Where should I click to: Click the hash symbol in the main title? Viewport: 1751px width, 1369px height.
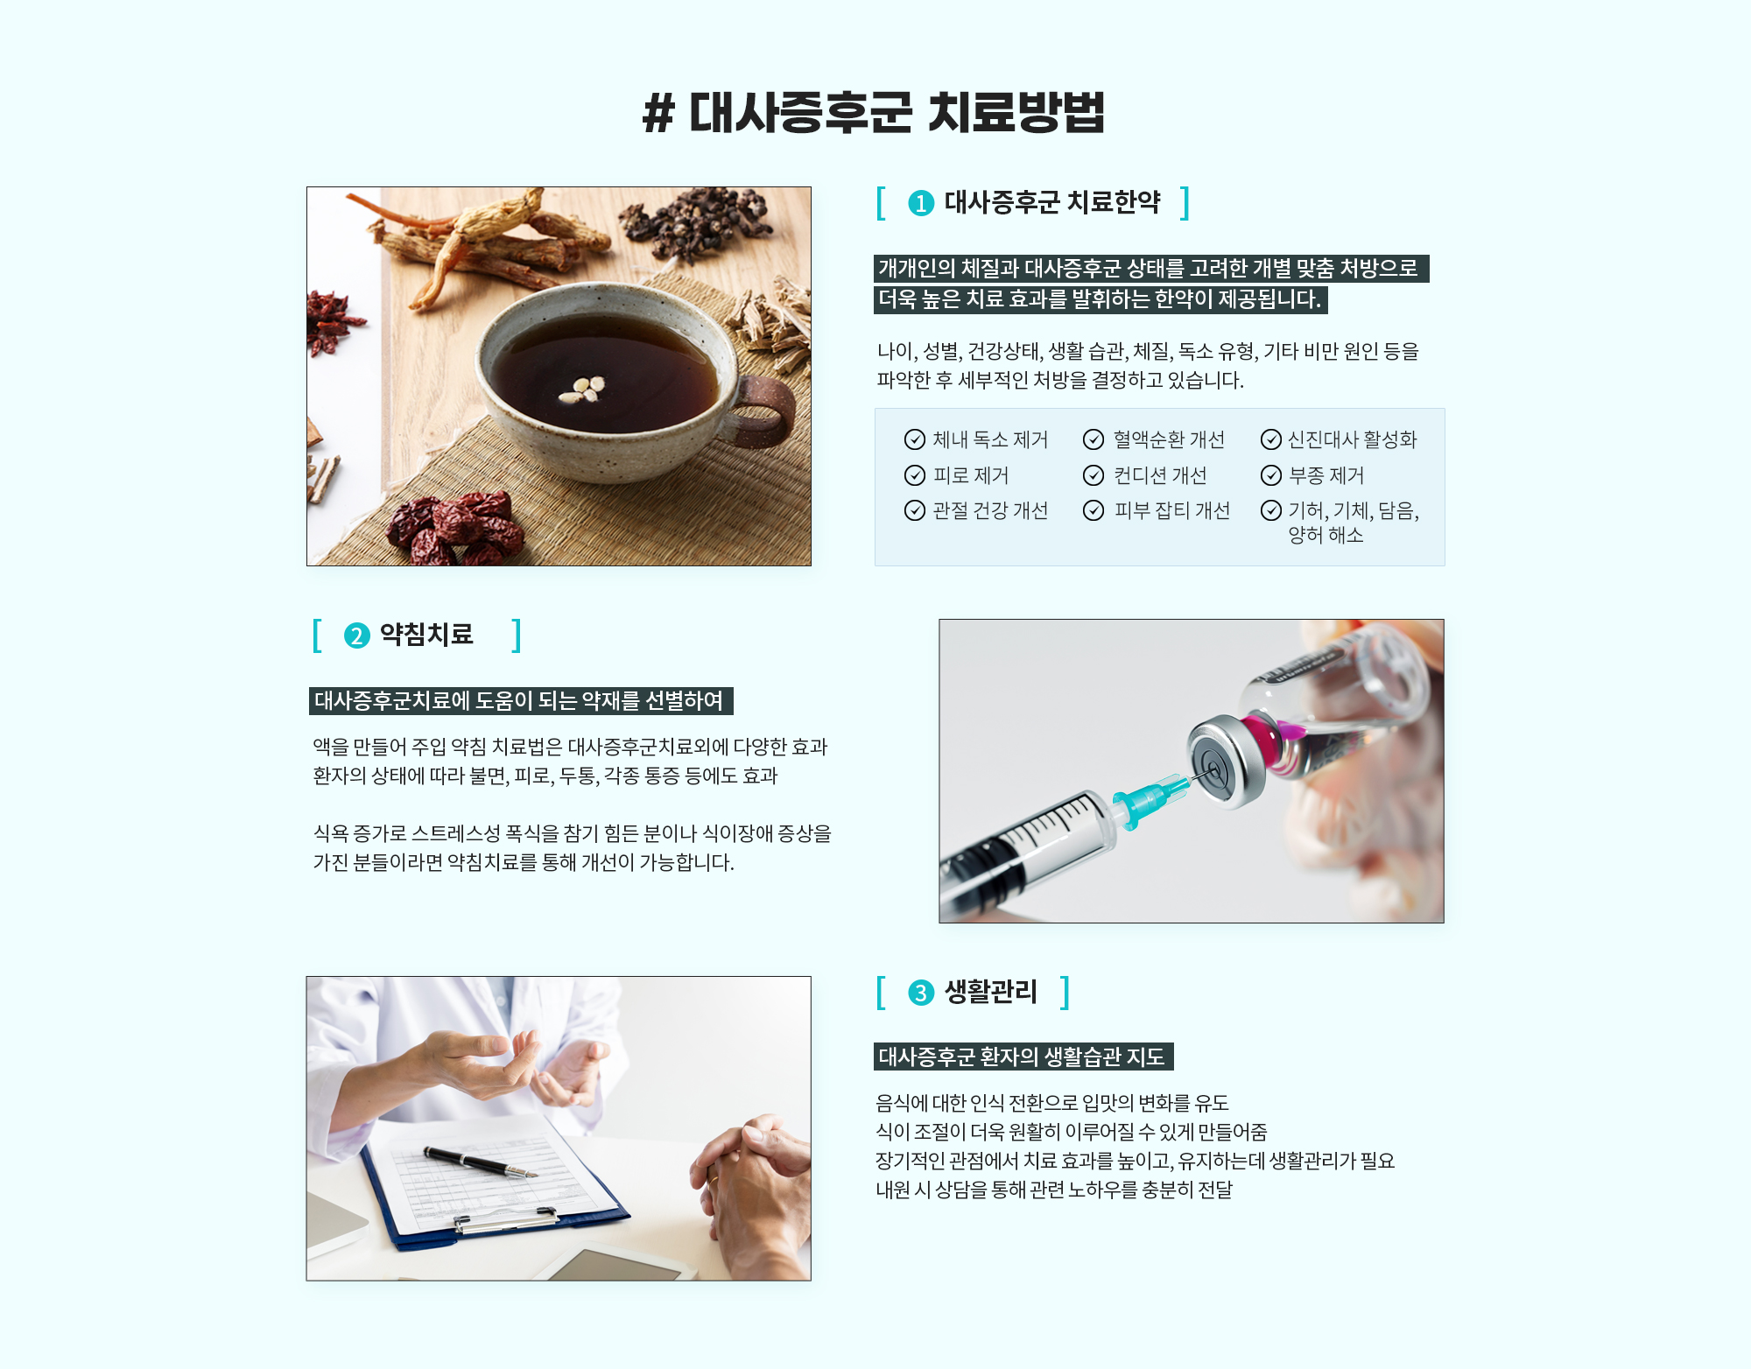659,114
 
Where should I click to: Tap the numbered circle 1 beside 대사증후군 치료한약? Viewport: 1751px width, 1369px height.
921,203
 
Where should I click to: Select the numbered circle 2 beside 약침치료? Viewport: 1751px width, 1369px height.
356,635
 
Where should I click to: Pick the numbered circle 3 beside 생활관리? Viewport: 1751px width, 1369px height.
921,993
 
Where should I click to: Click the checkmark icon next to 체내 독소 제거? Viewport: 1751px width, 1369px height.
915,439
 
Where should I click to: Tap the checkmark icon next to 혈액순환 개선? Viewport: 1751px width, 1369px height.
1093,439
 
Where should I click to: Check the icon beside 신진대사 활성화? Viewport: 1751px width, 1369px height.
1271,439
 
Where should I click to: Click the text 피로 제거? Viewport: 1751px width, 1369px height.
971,475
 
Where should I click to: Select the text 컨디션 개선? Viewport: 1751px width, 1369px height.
1160,475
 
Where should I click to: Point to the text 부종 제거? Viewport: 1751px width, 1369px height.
1326,475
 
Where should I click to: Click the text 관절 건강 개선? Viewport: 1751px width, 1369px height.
990,510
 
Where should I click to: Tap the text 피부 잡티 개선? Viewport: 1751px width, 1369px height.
1171,510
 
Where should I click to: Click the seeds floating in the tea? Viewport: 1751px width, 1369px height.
583,390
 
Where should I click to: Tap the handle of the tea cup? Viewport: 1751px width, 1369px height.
765,412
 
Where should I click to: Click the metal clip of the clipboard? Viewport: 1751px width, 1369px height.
506,1219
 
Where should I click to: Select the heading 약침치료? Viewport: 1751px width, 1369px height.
426,635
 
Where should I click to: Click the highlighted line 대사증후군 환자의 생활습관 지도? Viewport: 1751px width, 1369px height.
1023,1057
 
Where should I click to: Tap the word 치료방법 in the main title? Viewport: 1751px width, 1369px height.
1016,114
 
